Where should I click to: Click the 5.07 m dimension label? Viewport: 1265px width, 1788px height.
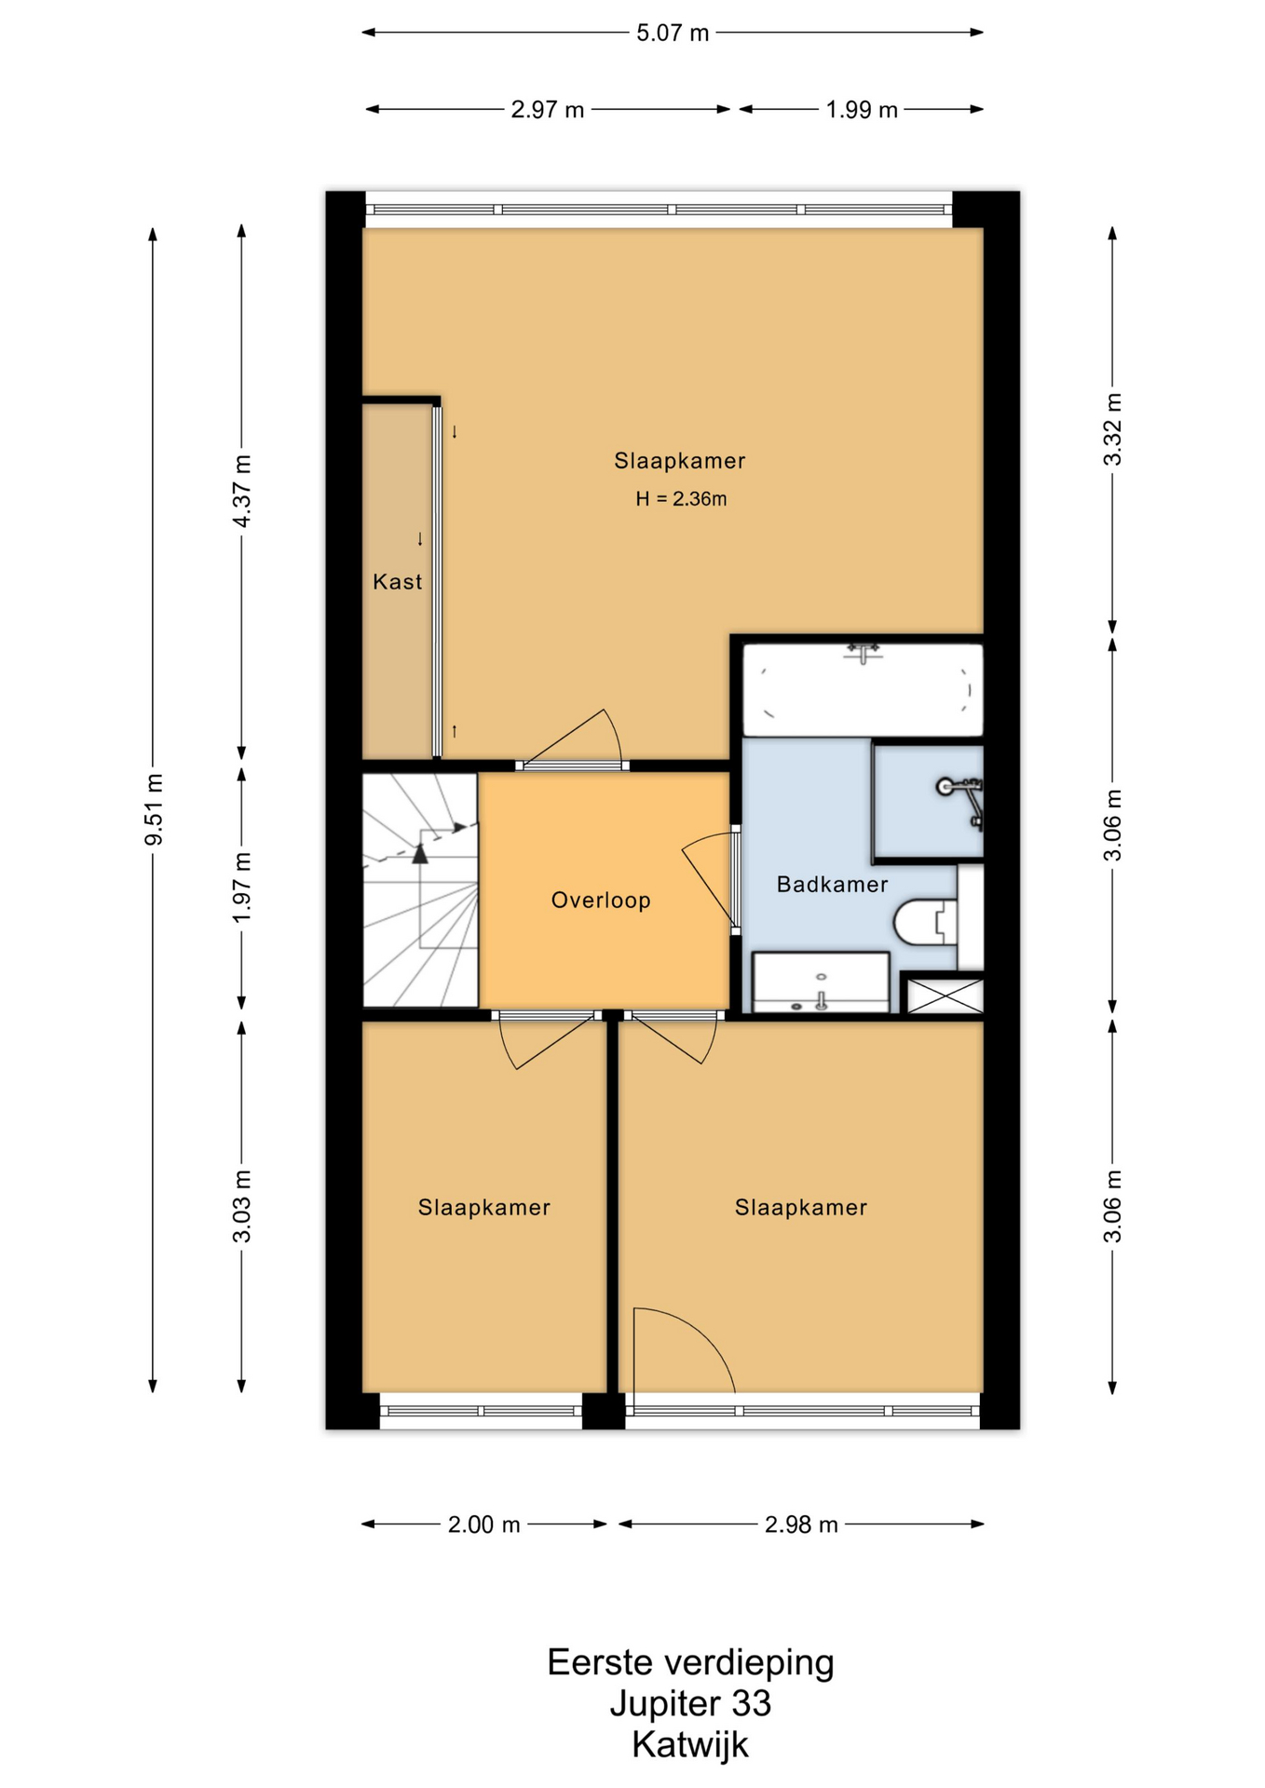pyautogui.click(x=673, y=34)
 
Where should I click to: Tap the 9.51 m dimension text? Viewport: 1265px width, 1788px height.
pyautogui.click(x=155, y=809)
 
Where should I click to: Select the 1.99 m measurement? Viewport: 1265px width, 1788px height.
pyautogui.click(x=862, y=110)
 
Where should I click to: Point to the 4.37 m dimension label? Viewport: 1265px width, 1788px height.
pyautogui.click(x=242, y=491)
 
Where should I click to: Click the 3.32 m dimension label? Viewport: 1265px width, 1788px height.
pyautogui.click(x=1112, y=429)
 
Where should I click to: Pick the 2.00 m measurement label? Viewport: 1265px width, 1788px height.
pyautogui.click(x=483, y=1524)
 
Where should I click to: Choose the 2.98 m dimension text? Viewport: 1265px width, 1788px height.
pyautogui.click(x=801, y=1524)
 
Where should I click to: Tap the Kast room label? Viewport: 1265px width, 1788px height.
pyautogui.click(x=398, y=582)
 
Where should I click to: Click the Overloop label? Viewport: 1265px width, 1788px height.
pyautogui.click(x=601, y=901)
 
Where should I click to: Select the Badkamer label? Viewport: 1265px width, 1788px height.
pyautogui.click(x=832, y=885)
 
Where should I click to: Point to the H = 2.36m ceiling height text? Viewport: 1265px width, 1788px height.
pyautogui.click(x=681, y=499)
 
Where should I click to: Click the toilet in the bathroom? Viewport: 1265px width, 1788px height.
pyautogui.click(x=925, y=921)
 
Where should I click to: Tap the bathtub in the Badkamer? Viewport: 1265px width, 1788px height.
pyautogui.click(x=863, y=689)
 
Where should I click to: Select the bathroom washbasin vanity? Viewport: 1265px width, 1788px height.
pyautogui.click(x=821, y=982)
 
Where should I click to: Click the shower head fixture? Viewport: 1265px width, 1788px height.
pyautogui.click(x=961, y=797)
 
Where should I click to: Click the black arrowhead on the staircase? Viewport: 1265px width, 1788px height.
pyautogui.click(x=420, y=853)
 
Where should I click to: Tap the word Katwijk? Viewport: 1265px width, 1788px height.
pyautogui.click(x=690, y=1745)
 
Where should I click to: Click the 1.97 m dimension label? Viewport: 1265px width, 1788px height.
pyautogui.click(x=242, y=888)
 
